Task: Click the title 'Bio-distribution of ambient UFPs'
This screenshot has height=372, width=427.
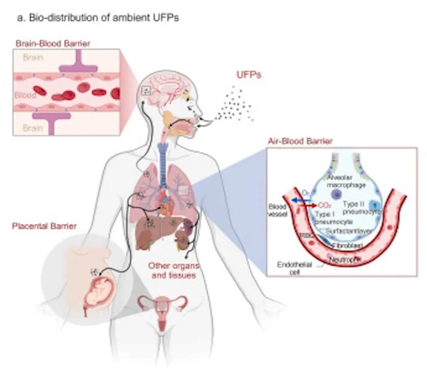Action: click(x=97, y=19)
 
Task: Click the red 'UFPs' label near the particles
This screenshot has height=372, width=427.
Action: click(x=249, y=76)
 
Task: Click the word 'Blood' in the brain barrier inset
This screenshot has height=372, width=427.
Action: click(x=25, y=95)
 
